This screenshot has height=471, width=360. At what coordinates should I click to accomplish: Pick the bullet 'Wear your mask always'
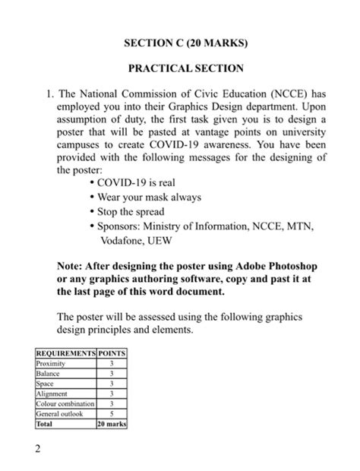pyautogui.click(x=149, y=198)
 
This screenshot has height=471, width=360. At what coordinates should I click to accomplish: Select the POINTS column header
pyautogui.click(x=112, y=354)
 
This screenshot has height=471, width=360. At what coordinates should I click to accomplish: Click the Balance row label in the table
pyautogui.click(x=47, y=374)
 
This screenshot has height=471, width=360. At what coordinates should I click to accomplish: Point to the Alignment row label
pyautogui.click(x=51, y=394)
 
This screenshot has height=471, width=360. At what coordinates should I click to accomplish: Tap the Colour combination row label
pyautogui.click(x=63, y=403)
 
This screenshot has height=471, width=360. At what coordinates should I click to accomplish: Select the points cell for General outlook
pyautogui.click(x=112, y=414)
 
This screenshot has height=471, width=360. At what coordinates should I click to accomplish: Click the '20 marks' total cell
pyautogui.click(x=112, y=424)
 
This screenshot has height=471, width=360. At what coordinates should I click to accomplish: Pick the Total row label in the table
pyautogui.click(x=45, y=424)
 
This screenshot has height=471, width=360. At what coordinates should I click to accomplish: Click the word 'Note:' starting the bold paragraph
pyautogui.click(x=72, y=266)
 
